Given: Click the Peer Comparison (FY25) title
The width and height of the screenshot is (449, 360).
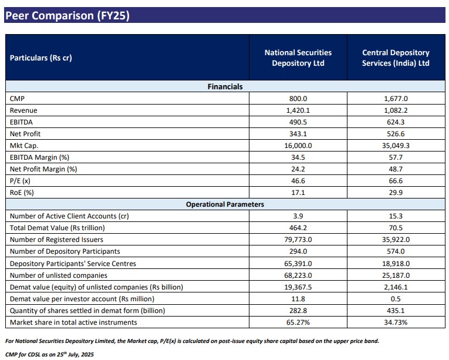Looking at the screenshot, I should [67, 16].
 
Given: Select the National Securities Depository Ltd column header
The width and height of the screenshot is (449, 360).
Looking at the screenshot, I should [298, 58].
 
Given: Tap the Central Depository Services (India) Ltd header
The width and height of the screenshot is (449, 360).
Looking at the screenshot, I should [396, 58].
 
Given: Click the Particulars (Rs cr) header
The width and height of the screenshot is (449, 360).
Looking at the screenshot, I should [41, 58].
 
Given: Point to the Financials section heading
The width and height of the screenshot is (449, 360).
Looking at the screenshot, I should [225, 86].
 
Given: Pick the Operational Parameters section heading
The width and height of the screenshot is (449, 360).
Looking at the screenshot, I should [225, 204].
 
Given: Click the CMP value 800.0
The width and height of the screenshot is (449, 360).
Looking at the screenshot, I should [298, 99].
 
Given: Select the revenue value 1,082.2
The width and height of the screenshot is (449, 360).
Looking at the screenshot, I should [396, 110].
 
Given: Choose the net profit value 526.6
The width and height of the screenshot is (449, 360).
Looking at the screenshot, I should [396, 134].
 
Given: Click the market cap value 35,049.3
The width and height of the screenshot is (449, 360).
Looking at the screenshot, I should [396, 146].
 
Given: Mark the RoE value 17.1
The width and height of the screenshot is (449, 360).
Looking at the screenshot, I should [298, 193].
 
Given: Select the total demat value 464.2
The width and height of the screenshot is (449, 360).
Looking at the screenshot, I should [298, 228].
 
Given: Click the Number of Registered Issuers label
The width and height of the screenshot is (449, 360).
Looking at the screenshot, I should [56, 240].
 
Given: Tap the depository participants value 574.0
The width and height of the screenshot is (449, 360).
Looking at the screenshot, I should [396, 251].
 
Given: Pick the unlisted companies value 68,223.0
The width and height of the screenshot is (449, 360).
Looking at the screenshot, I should [298, 275].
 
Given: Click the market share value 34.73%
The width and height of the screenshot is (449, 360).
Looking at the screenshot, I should [396, 322].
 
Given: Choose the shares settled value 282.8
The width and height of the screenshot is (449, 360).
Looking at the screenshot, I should [298, 310].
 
